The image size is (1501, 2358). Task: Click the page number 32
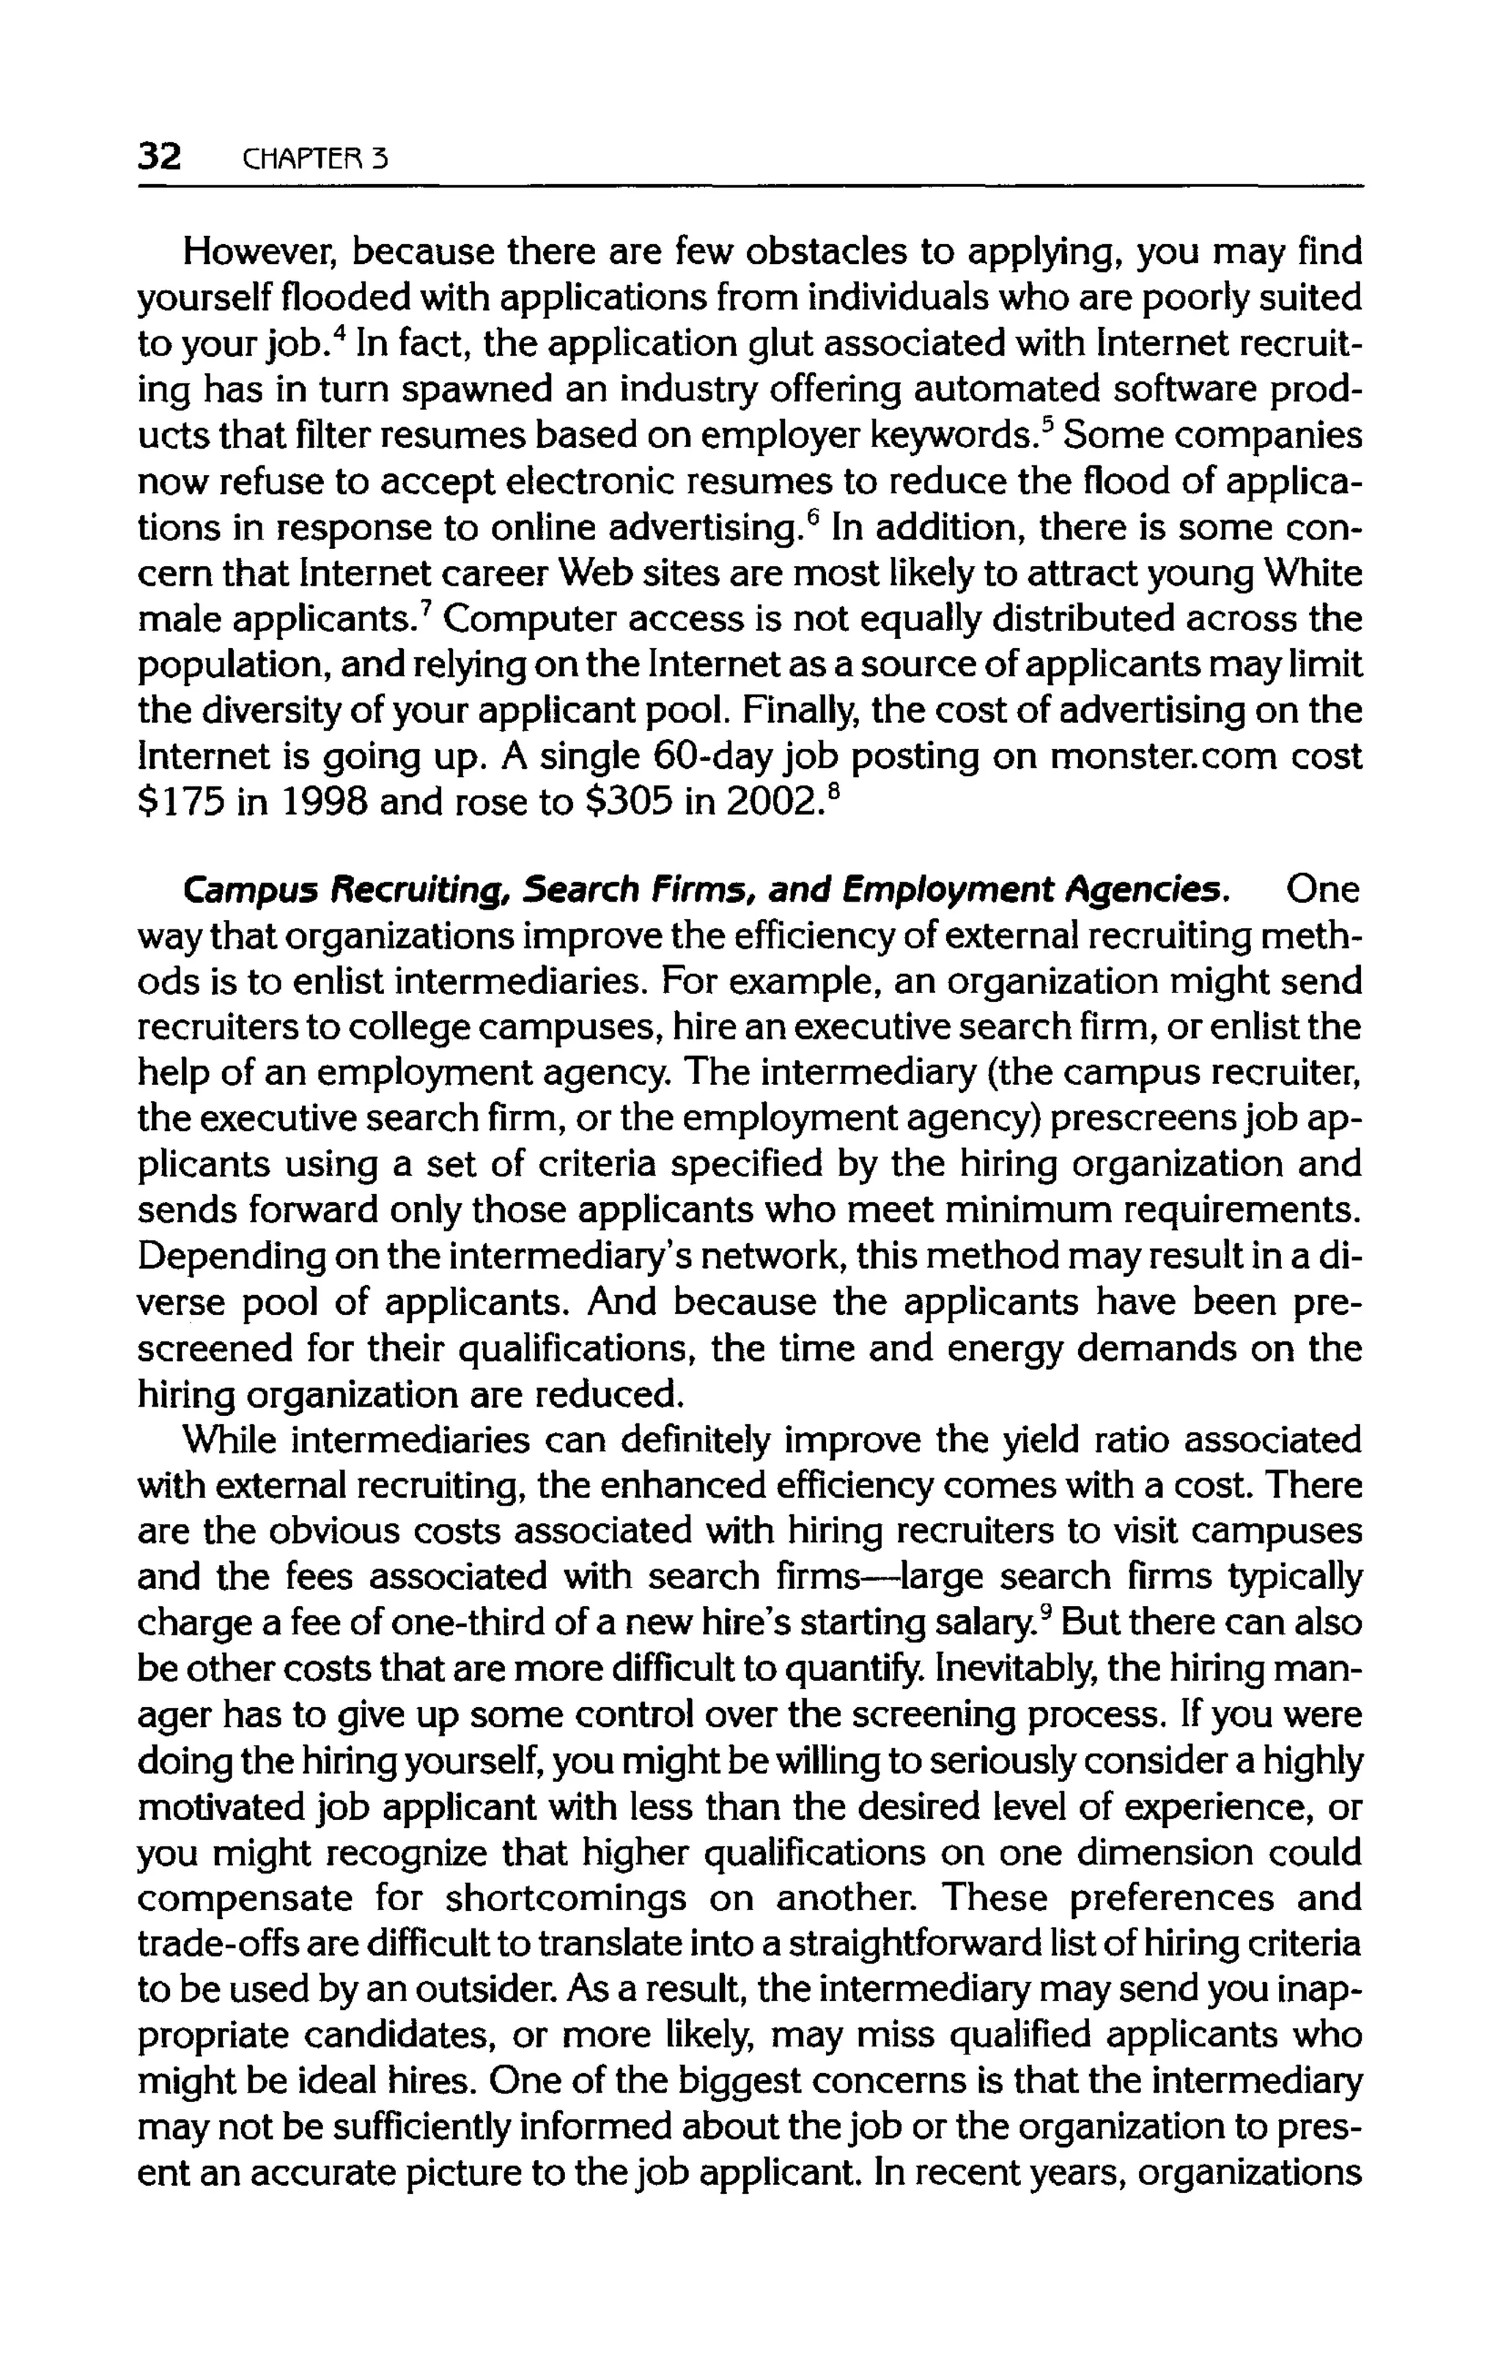pos(160,155)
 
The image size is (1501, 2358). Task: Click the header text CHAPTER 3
pos(314,158)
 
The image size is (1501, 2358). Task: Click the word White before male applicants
pos(1312,574)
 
